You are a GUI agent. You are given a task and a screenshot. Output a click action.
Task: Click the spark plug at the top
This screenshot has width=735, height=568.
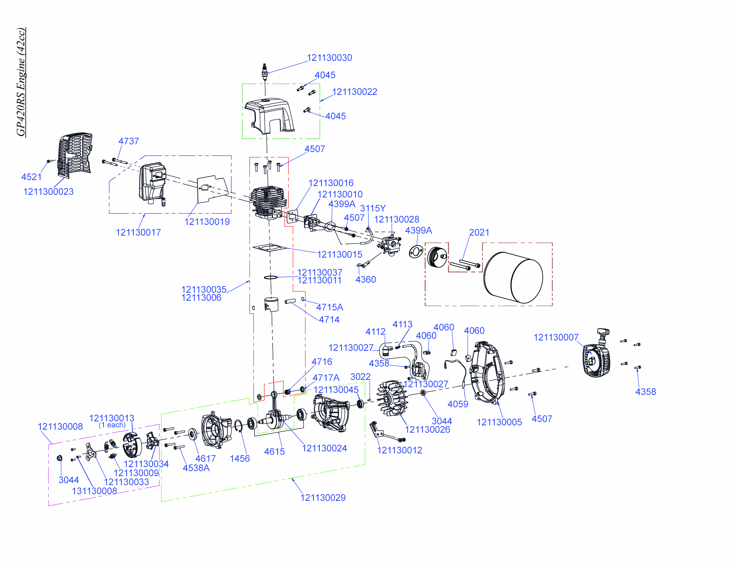tap(265, 72)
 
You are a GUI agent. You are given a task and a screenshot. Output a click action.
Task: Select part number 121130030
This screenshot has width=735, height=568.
tap(329, 58)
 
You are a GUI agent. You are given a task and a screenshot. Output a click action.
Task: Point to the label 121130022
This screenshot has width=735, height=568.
tap(354, 92)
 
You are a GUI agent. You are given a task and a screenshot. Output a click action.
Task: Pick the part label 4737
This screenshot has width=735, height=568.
tap(129, 141)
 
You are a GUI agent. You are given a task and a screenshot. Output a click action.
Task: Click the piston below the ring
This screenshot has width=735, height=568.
tap(271, 304)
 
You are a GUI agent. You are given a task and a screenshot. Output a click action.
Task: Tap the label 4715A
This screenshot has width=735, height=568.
tap(329, 307)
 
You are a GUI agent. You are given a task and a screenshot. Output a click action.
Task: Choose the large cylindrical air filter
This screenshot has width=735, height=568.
tap(513, 277)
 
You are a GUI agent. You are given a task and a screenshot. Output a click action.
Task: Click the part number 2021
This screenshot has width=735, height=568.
tap(479, 233)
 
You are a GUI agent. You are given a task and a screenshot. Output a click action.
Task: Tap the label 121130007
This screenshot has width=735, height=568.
tap(556, 337)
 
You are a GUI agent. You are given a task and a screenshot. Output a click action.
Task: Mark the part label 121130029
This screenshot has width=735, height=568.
tap(323, 498)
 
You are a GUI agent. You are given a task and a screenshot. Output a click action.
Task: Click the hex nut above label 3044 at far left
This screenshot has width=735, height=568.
tap(60, 458)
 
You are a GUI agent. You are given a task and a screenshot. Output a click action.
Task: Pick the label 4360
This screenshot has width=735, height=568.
tap(365, 280)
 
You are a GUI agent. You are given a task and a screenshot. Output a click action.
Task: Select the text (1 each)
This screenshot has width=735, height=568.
tap(112, 425)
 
